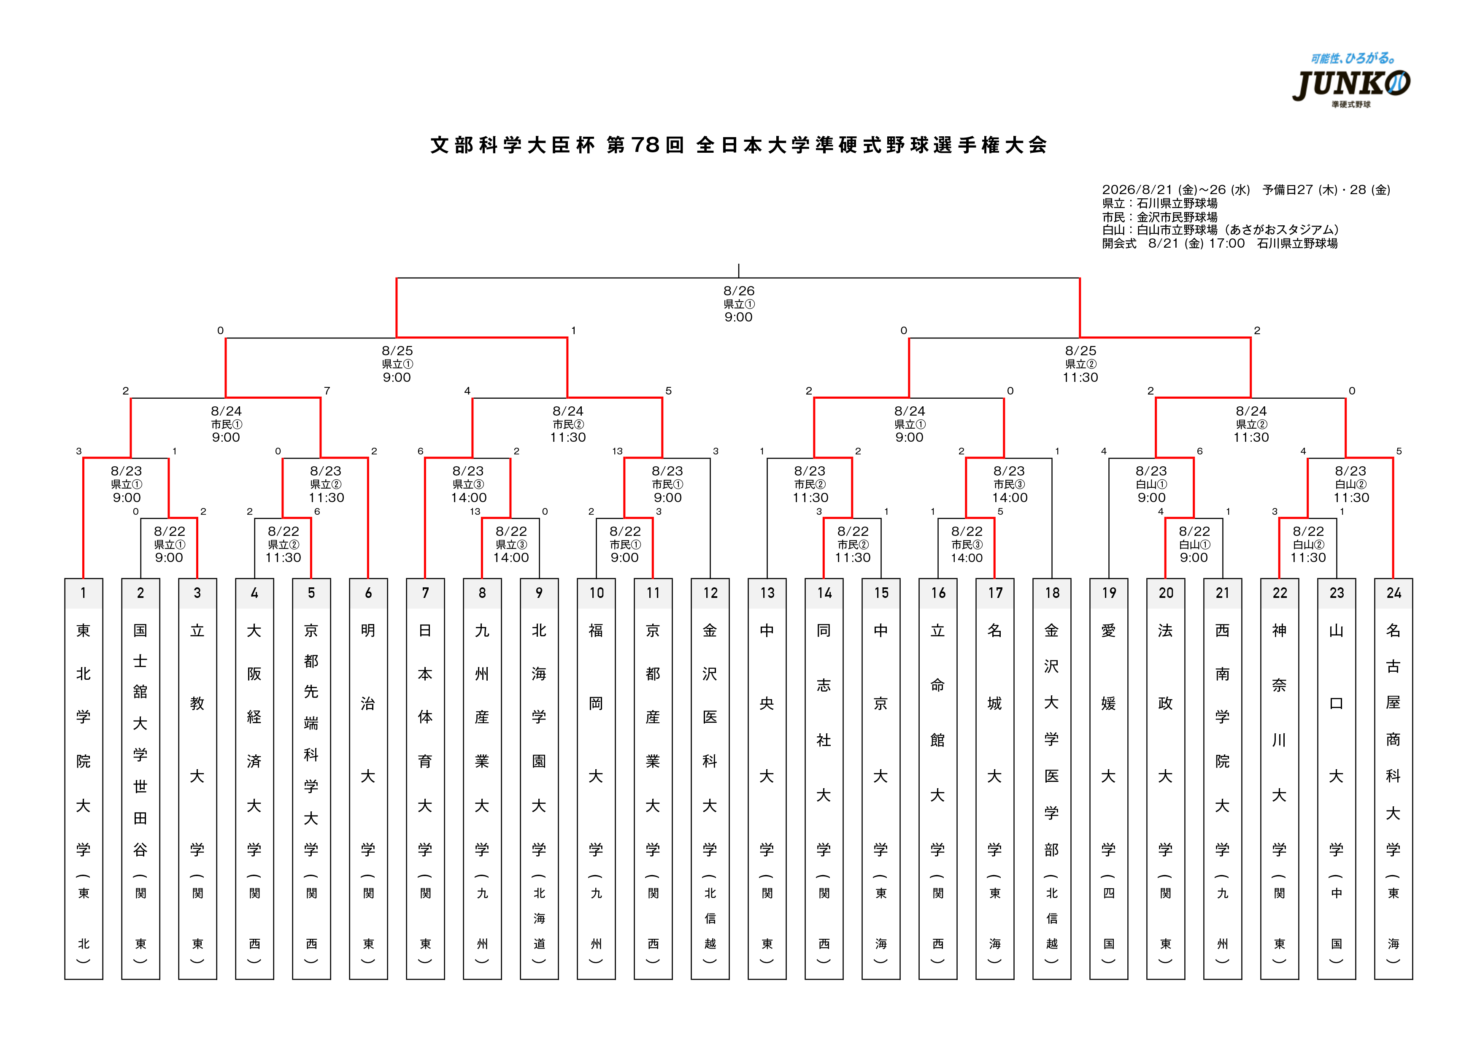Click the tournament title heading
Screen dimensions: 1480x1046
click(x=739, y=145)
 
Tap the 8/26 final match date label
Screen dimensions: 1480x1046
click(x=739, y=291)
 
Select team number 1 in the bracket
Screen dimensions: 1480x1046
click(x=83, y=593)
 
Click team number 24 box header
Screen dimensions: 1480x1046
click(x=1394, y=593)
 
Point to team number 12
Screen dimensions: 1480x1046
click(x=710, y=593)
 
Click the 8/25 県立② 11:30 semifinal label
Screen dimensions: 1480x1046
click(x=1080, y=363)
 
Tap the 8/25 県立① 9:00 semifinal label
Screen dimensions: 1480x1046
click(x=397, y=363)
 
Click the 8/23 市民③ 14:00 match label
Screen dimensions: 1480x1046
click(x=1010, y=484)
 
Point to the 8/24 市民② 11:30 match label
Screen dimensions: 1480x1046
click(x=568, y=424)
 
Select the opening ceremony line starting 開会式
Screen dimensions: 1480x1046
click(x=1220, y=243)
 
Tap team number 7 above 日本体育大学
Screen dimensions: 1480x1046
click(x=425, y=593)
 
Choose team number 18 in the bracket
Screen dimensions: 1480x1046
click(x=1052, y=593)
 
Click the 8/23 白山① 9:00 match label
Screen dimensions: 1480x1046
click(x=1151, y=484)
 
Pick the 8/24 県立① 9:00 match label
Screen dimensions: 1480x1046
click(x=910, y=424)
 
